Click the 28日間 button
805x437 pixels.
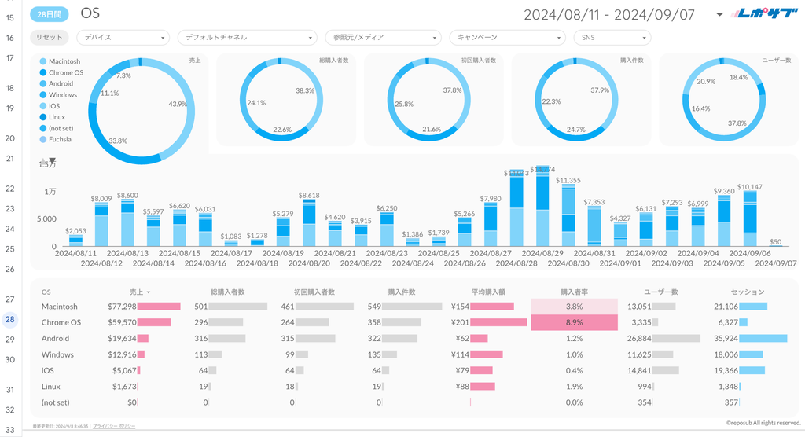[50, 14]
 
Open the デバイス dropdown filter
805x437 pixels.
[123, 37]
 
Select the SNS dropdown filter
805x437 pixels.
[612, 37]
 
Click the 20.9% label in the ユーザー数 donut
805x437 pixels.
[706, 82]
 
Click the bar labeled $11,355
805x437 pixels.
[568, 216]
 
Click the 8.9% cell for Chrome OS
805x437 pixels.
[574, 322]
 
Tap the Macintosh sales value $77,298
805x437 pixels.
[121, 307]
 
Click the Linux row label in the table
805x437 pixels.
[52, 387]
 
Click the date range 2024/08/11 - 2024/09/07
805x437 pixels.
[609, 14]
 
